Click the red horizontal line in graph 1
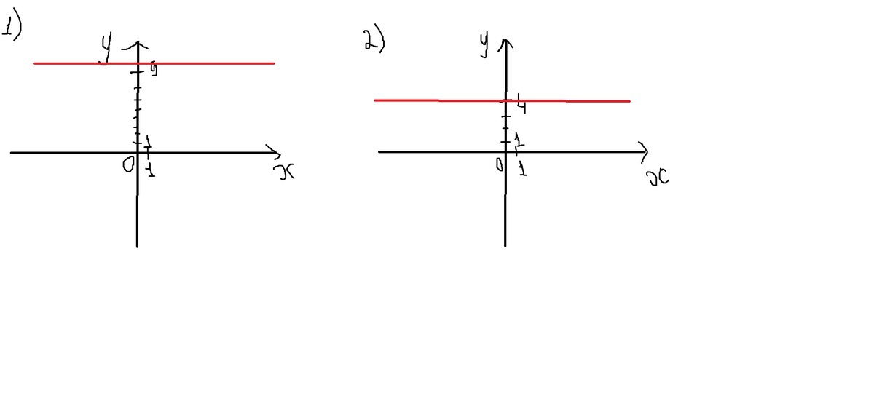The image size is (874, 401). point(204,63)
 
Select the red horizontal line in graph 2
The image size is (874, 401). point(583,100)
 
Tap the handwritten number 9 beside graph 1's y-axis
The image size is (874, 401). point(154,71)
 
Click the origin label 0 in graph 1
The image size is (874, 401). point(128,166)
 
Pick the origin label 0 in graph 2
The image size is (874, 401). point(500,165)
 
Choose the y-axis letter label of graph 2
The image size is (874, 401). point(484,43)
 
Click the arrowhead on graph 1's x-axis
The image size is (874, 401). point(275,152)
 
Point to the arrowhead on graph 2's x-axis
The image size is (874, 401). point(643,151)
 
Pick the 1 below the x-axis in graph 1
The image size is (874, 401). point(149,170)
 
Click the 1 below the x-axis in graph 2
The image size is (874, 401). point(522,169)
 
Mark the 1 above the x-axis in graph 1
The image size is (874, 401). point(147,140)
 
